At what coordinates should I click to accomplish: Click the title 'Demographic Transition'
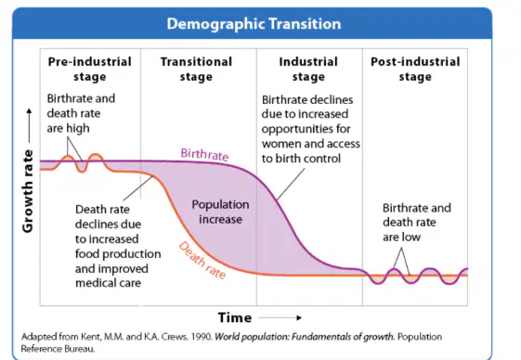coord(254,24)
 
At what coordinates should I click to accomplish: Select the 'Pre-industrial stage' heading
coord(90,69)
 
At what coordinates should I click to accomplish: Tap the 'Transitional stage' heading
coord(196,69)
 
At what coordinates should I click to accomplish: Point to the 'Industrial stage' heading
coord(308,69)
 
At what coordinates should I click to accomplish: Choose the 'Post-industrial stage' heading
coord(415,69)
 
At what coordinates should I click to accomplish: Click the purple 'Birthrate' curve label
coord(204,154)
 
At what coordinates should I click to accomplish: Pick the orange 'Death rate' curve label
coord(202,260)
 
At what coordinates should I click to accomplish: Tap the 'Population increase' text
coord(220,212)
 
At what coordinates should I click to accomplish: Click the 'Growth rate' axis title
coord(28,191)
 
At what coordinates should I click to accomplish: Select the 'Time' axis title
coord(235,318)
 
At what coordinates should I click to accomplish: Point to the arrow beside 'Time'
coord(280,318)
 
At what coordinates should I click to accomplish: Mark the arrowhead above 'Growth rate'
coord(29,110)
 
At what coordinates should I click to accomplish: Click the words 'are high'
coord(68,128)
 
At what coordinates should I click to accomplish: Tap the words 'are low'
coord(402,238)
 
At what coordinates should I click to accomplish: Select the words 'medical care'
coord(109,283)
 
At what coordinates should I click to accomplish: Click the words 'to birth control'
coord(301,159)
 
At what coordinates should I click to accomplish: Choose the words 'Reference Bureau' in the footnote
coord(58,349)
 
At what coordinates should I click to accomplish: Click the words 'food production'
coord(118,254)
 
